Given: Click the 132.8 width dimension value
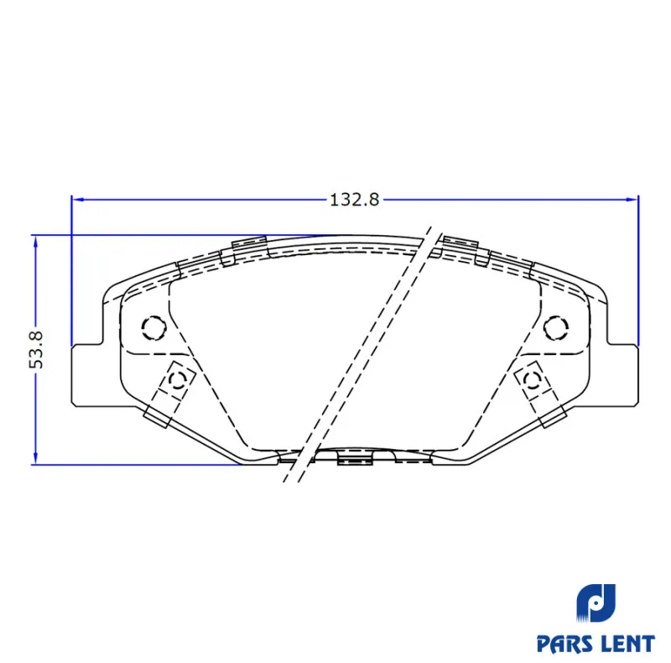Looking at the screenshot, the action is pos(354,200).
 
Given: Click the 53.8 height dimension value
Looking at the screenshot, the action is pos(36,349).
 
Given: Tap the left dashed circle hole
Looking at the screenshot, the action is pos(153,328).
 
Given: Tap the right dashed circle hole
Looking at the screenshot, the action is pos(556,328).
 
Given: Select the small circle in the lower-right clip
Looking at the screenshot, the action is pos(533,379).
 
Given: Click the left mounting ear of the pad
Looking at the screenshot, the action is pos(87,375).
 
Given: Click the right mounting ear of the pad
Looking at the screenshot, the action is pos(623,375).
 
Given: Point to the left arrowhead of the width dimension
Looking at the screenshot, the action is pos(77,200).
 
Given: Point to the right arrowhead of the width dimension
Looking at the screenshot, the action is pos(632,200).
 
